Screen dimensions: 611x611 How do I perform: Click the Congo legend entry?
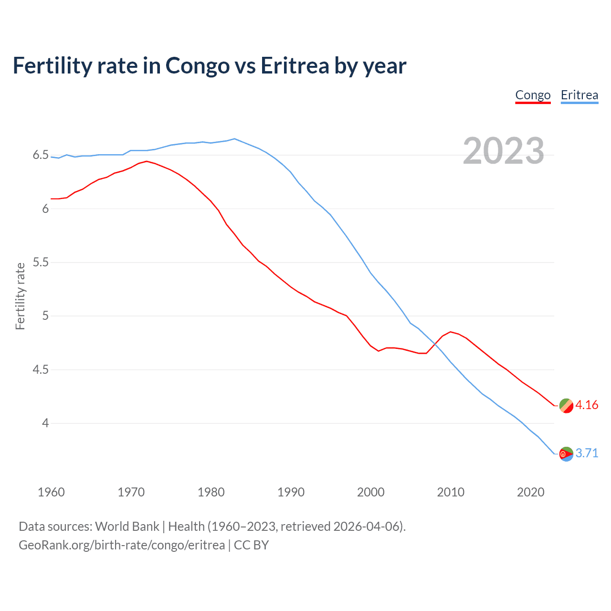pos(533,95)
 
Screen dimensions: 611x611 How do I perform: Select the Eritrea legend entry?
pos(579,95)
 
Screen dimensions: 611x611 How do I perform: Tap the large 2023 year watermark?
pos(504,151)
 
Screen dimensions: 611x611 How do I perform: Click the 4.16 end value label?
pos(587,405)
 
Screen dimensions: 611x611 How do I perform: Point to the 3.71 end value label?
pos(587,453)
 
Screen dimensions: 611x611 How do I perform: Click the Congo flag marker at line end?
pos(566,406)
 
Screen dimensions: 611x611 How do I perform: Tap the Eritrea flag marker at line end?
pos(566,454)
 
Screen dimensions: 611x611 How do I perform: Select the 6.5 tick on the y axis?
pos(41,155)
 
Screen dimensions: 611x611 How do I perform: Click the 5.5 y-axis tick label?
pos(41,263)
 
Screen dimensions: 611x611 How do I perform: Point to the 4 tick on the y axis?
pos(45,423)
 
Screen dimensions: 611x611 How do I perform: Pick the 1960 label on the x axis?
pos(51,492)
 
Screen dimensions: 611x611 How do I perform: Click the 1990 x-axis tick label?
pos(291,492)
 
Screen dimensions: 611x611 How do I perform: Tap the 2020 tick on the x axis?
pos(530,492)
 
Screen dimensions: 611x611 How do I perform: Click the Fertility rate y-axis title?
pos(20,296)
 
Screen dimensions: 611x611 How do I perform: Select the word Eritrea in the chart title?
pos(295,66)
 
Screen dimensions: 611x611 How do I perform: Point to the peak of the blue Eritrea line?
pos(234,139)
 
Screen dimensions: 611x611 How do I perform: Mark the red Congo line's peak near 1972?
pos(147,161)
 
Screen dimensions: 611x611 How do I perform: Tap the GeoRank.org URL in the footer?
pos(122,545)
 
